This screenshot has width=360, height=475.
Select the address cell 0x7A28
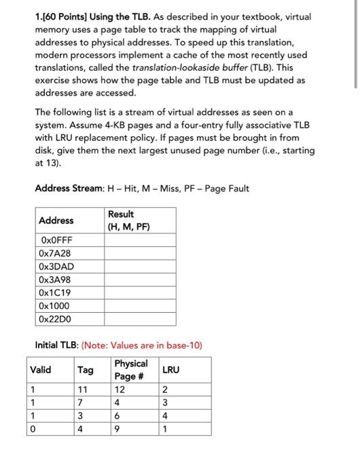(x=56, y=252)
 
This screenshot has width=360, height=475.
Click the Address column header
(x=56, y=220)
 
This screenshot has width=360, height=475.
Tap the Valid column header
(x=41, y=370)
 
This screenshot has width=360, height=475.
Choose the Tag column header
(x=86, y=370)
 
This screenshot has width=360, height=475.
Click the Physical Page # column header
(x=130, y=370)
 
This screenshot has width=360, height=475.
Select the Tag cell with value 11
(x=84, y=389)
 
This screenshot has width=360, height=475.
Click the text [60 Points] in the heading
(x=67, y=20)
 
